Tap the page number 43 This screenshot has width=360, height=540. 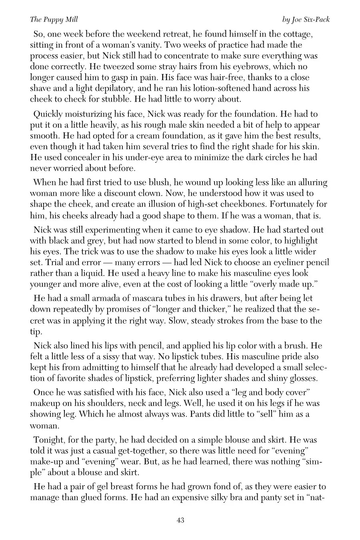[x=180, y=520]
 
